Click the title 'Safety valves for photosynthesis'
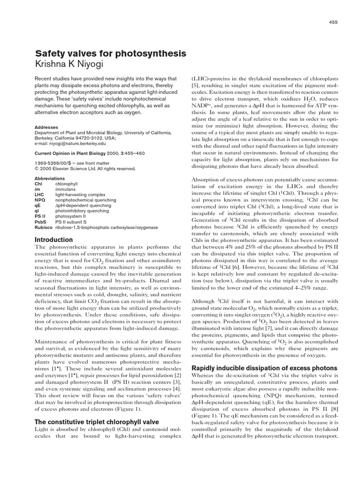coord(110,53)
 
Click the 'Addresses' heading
coord(47,127)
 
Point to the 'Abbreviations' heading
coord(51,178)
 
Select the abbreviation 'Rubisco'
coord(43,227)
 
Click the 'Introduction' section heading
coord(54,240)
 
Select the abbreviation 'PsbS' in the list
coord(41,222)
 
